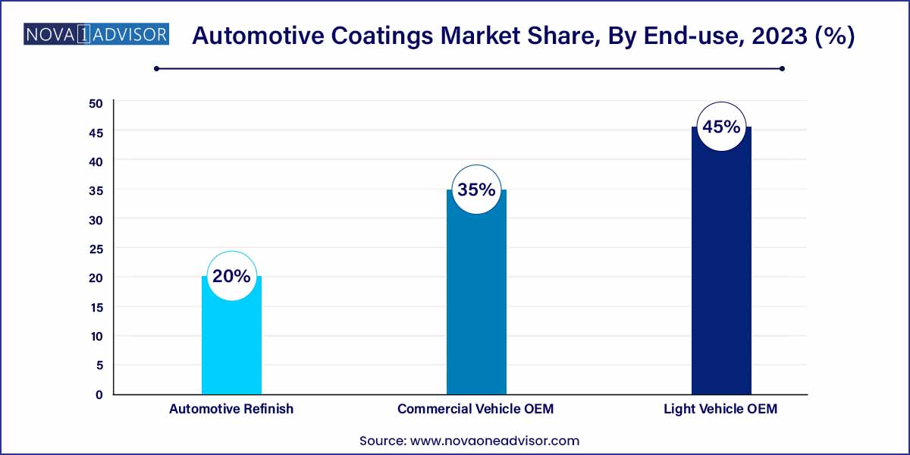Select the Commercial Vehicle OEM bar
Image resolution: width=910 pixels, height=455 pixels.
click(x=476, y=303)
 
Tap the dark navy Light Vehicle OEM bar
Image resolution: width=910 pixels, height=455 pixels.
click(x=721, y=273)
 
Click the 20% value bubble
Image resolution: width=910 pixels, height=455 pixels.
click(x=231, y=276)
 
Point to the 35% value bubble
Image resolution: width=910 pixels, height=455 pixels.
click(x=476, y=190)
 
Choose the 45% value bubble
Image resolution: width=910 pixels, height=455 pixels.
click(x=721, y=127)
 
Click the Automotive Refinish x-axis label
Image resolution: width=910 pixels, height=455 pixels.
click(x=231, y=409)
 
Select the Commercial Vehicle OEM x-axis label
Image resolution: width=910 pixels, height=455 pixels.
click(x=475, y=409)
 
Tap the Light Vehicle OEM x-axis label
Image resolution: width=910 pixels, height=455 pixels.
click(x=720, y=409)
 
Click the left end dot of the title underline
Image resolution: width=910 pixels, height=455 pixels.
click(x=156, y=68)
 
